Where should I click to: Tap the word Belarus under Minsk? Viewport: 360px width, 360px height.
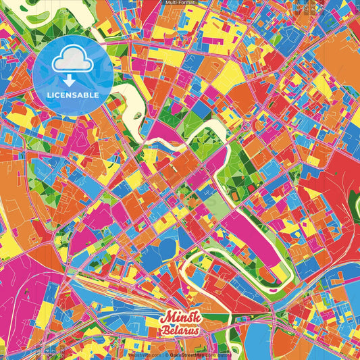(180, 330)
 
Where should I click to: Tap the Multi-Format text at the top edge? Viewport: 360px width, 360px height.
(180, 3)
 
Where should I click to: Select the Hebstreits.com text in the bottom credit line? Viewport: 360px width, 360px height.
(145, 355)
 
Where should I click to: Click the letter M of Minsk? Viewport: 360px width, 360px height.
(166, 317)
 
